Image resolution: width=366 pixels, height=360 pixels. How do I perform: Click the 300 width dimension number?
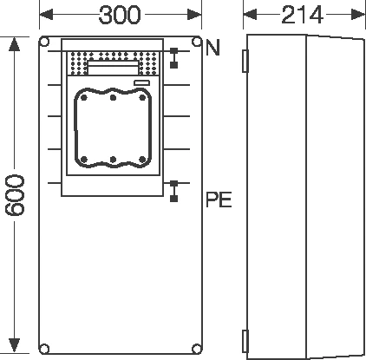120,15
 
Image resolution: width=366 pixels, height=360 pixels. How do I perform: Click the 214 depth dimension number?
302,15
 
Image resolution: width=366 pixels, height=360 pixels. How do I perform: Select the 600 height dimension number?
15,195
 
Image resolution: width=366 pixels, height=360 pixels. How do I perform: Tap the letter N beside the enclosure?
212,48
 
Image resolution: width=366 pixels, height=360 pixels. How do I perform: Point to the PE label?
219,200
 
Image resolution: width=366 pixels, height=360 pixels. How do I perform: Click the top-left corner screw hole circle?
44,42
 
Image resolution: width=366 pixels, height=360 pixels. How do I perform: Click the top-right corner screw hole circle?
197,42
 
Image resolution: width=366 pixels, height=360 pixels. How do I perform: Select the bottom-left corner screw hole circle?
44,349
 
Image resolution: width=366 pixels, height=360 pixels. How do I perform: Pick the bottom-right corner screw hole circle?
197,349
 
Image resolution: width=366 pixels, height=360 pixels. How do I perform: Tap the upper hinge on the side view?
245,61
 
